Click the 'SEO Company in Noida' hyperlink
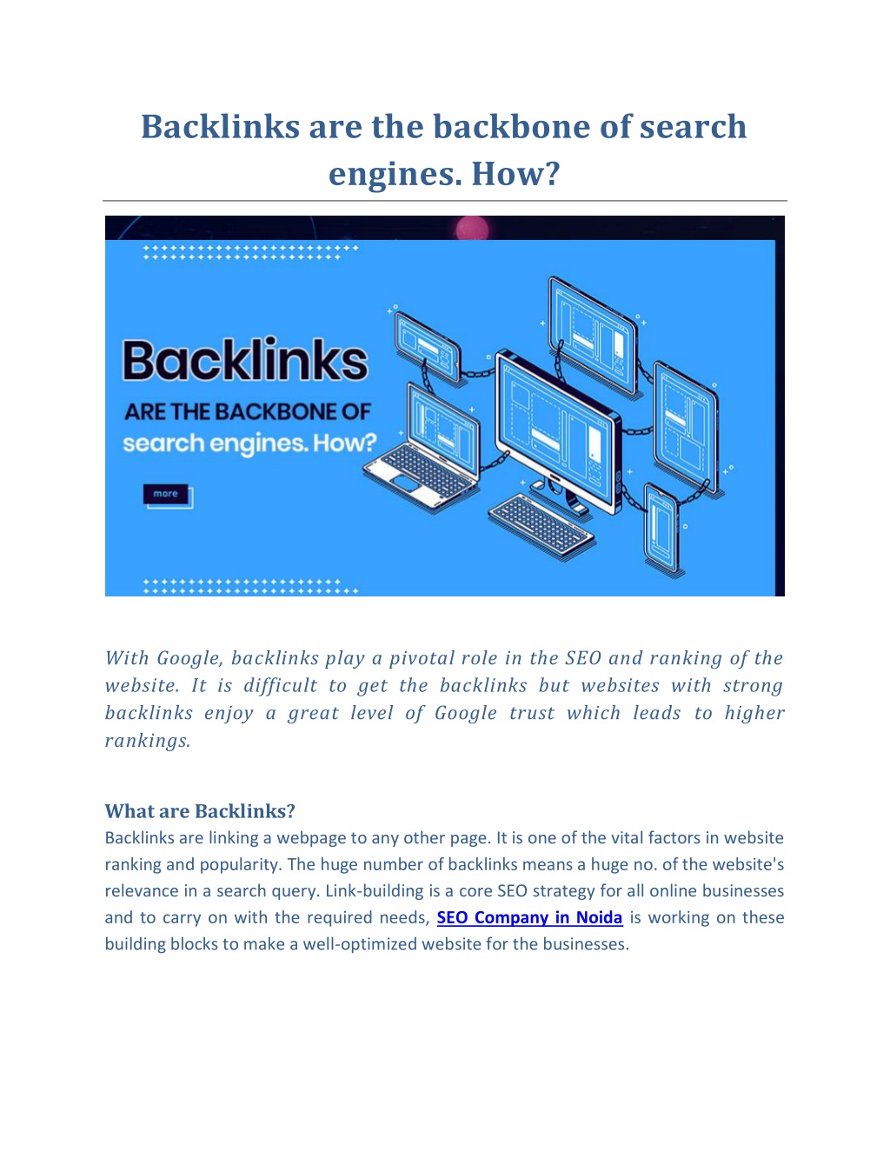click(x=529, y=916)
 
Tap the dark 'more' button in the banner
click(x=165, y=494)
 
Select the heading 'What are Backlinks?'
click(x=200, y=810)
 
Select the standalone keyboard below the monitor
click(x=541, y=526)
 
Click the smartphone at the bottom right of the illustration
click(x=661, y=528)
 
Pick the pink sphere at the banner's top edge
click(x=472, y=228)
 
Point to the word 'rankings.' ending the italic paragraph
click(x=147, y=740)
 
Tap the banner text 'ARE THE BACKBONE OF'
click(x=248, y=412)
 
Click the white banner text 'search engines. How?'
click(x=249, y=443)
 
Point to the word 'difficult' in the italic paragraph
click(x=280, y=685)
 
